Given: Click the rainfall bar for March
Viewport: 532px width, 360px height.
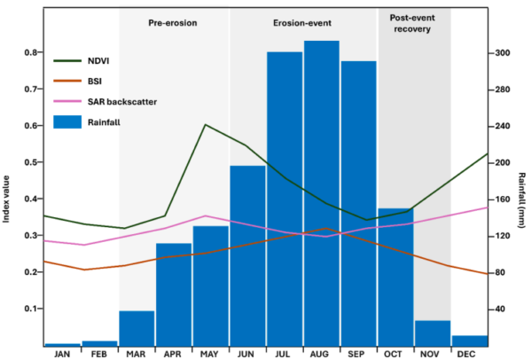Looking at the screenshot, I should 137,328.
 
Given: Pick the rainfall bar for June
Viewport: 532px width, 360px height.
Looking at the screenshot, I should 248,256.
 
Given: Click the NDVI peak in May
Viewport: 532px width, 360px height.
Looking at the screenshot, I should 206,125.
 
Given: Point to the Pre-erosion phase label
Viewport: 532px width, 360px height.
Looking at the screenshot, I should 174,21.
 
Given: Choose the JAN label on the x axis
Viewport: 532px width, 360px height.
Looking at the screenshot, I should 62,355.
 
